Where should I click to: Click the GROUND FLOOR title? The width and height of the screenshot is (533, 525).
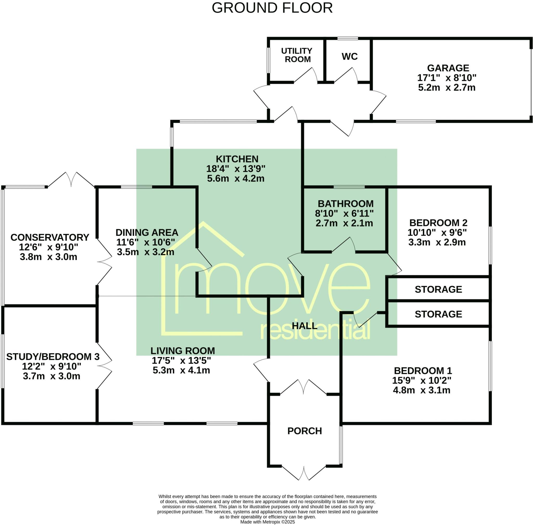(272, 8)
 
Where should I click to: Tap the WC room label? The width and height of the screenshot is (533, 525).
(350, 56)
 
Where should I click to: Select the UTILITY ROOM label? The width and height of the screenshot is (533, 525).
(297, 55)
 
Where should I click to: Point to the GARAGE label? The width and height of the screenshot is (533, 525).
(448, 68)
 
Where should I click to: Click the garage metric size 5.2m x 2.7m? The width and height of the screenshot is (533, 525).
(447, 88)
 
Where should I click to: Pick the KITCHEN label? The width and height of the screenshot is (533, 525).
(237, 159)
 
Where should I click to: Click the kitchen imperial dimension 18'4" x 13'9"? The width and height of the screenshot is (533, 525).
(236, 169)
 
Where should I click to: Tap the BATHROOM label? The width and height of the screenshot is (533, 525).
(345, 204)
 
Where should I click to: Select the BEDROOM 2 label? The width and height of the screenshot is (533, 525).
(438, 223)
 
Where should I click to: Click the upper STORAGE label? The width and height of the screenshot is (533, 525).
(438, 289)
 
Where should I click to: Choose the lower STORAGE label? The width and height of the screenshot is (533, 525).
(438, 314)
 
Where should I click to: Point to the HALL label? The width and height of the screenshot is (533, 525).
(304, 326)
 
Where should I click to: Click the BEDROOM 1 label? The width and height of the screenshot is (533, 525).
(423, 371)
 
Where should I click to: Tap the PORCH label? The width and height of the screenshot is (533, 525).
(304, 431)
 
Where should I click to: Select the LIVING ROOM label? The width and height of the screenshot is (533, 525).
(182, 351)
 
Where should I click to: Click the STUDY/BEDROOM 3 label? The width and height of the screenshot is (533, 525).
(53, 357)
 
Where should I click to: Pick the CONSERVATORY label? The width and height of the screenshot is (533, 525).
(50, 238)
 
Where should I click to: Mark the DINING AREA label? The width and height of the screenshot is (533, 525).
(147, 233)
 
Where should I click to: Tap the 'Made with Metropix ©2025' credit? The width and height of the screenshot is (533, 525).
(267, 522)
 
